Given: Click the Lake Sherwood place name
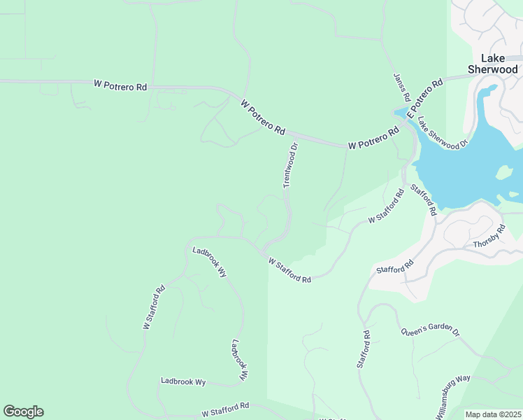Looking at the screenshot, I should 493,64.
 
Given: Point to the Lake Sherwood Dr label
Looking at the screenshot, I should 442,131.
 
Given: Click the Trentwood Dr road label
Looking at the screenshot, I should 291,166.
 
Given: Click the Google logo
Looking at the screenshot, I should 23,412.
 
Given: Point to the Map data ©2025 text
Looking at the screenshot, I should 493,414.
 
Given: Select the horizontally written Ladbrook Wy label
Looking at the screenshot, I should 183,382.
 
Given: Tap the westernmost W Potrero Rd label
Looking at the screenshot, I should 120,85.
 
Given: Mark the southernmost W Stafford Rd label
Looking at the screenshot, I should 225,409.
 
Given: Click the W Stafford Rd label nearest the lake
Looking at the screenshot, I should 387,207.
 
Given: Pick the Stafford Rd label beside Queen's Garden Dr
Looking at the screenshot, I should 364,349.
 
